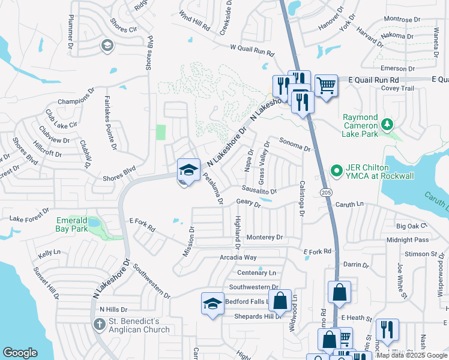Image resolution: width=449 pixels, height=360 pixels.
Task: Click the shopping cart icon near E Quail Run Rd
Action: [x=325, y=86]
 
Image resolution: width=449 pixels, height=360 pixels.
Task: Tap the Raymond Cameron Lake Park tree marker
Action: [x=388, y=124]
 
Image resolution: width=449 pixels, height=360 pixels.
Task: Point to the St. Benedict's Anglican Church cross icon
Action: [x=100, y=325]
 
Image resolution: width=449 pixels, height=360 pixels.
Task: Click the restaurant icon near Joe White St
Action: [x=387, y=330]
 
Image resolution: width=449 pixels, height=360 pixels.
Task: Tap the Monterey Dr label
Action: [x=264, y=238]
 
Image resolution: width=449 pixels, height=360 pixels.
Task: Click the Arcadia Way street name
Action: [x=238, y=257]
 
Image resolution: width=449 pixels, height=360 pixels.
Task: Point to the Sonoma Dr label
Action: [x=295, y=144]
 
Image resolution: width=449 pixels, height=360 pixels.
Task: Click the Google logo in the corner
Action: [x=20, y=353]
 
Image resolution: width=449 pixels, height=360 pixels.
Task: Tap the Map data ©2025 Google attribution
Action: [x=411, y=355]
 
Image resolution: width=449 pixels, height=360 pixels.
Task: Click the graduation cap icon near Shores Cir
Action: [x=107, y=45]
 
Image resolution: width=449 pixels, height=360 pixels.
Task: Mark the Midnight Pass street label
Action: [x=408, y=240]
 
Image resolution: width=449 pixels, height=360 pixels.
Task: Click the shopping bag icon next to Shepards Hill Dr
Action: [x=280, y=301]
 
